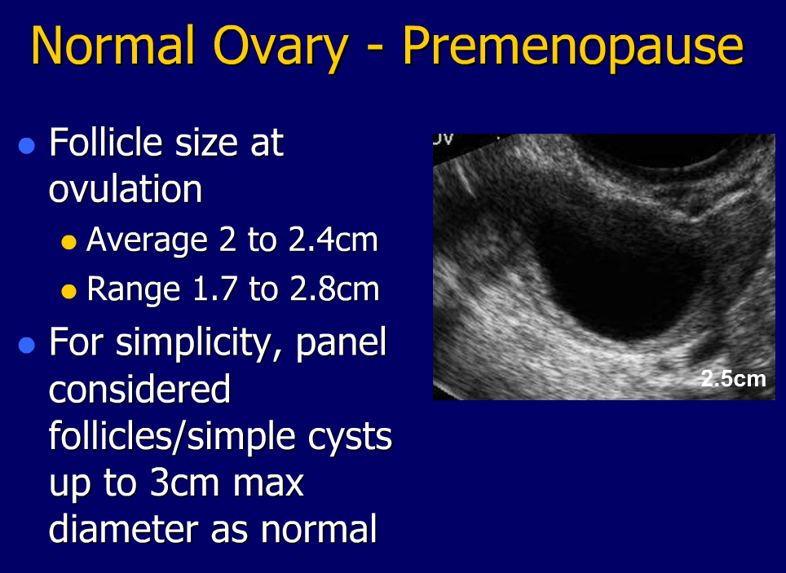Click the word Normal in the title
click(113, 46)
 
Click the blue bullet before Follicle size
click(27, 146)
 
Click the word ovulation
click(126, 189)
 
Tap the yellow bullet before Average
click(68, 243)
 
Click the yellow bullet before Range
click(68, 292)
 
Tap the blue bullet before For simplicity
click(27, 345)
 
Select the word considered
click(139, 390)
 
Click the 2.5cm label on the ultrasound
click(733, 379)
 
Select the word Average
click(147, 241)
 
